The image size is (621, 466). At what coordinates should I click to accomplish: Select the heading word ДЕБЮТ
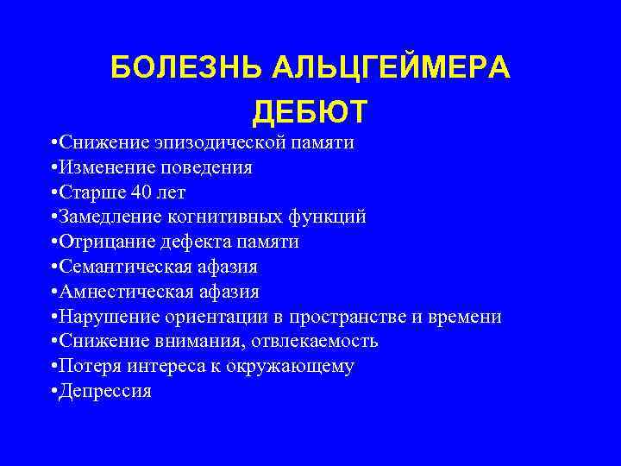[x=310, y=112]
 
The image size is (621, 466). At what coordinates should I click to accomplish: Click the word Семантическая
[x=117, y=267]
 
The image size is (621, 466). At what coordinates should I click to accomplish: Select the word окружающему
[x=292, y=366]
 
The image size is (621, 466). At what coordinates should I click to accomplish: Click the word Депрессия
[x=105, y=391]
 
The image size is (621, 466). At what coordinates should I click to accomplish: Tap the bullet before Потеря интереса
[x=53, y=366]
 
